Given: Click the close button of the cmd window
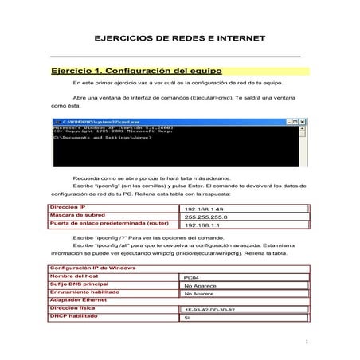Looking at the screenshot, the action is [303, 121].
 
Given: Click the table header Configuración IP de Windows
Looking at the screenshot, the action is [90, 267].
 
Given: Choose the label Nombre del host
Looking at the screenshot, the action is [76, 275].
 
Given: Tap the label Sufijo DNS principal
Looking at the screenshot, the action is [80, 283].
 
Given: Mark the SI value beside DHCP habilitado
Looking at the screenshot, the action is [187, 316].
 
